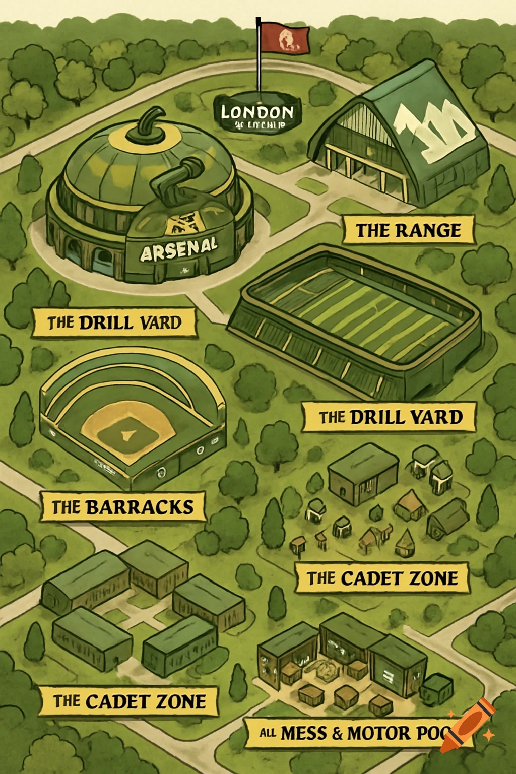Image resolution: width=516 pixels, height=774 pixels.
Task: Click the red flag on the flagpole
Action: point(285,38)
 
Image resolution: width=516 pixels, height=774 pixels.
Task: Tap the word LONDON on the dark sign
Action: point(257,112)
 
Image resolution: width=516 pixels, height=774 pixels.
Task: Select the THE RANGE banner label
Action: point(408,231)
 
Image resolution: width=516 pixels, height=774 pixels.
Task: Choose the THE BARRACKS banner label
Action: point(122,507)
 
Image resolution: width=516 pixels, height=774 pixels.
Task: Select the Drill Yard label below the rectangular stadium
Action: point(390,417)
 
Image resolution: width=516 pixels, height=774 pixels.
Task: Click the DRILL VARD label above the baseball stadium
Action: point(114,322)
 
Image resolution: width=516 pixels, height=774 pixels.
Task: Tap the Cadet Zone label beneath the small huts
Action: point(382,578)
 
